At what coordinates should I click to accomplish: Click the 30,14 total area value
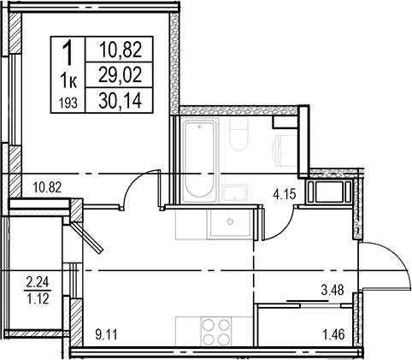tap(120, 101)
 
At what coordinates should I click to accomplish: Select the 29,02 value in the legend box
tap(120, 75)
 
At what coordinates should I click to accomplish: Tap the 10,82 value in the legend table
tap(121, 50)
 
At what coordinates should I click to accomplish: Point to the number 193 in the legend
tap(68, 103)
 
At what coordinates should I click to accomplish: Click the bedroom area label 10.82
tap(47, 187)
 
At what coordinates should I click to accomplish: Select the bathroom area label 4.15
tap(285, 194)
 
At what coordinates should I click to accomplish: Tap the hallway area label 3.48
tap(333, 290)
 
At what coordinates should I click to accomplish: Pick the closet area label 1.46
tap(333, 334)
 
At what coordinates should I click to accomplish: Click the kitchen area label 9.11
tap(106, 334)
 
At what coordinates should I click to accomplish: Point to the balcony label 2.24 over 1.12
tap(38, 291)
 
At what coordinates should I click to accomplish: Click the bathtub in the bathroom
tap(199, 161)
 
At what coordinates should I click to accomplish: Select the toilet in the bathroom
tap(238, 133)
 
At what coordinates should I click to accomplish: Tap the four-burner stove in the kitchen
tap(217, 332)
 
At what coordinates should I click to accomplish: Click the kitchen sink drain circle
tap(230, 221)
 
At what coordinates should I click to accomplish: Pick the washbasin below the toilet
tap(235, 194)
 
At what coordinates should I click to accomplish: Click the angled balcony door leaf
tap(87, 238)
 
